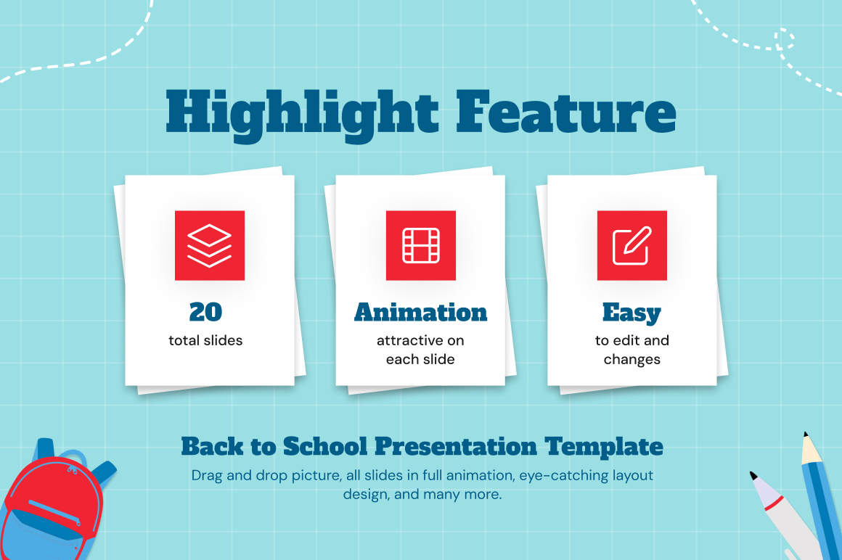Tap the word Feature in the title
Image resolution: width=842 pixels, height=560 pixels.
[x=566, y=112]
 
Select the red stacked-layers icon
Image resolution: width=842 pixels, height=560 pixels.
[x=210, y=246]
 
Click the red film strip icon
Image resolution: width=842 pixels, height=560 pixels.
[x=421, y=246]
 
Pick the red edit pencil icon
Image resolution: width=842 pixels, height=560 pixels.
[x=632, y=246]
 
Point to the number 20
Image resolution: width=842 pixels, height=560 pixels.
[x=205, y=312]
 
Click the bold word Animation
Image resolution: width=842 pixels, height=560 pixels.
[x=420, y=312]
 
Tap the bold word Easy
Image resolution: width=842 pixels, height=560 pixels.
[x=631, y=313]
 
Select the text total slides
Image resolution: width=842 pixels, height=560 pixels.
[x=205, y=341]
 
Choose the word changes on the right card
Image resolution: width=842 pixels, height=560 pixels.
[x=632, y=360]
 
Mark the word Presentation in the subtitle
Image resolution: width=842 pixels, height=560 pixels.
[x=456, y=446]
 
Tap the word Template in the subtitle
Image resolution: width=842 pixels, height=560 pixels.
[x=604, y=447]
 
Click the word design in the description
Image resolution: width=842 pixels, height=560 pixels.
[x=367, y=495]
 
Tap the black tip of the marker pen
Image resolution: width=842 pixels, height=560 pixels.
[x=753, y=475]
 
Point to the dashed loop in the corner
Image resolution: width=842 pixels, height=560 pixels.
[x=784, y=39]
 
